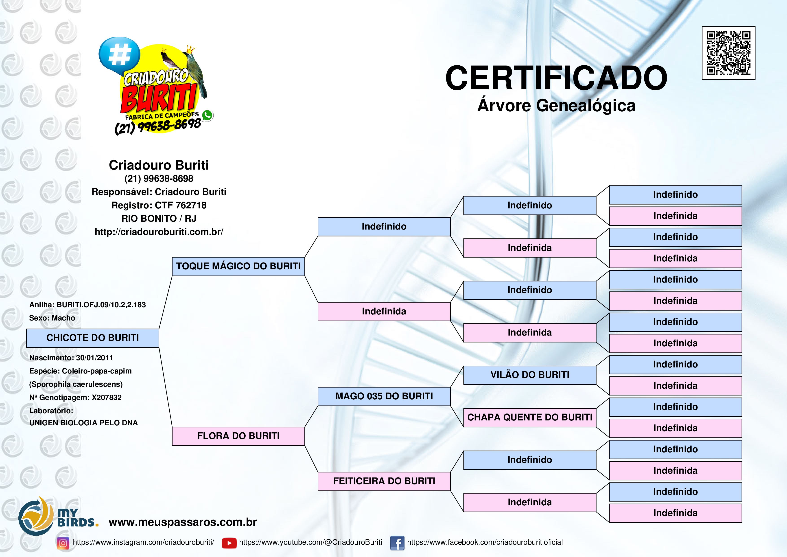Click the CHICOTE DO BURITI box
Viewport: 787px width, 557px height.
click(93, 338)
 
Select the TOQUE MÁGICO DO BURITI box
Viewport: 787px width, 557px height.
click(238, 266)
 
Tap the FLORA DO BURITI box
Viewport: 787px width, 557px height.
click(238, 436)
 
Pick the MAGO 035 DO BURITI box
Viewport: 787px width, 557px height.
click(384, 396)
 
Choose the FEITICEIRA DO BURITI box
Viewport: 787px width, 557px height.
click(384, 481)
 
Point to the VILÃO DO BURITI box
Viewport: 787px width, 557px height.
click(530, 375)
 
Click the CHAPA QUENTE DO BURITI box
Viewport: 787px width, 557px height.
click(530, 418)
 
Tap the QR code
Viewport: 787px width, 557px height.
click(728, 53)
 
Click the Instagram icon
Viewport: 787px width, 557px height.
click(63, 543)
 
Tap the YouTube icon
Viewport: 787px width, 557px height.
click(229, 543)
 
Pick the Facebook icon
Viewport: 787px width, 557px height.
click(397, 543)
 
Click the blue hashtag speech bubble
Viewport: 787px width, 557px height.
click(119, 55)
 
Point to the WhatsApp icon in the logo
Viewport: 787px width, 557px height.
click(207, 115)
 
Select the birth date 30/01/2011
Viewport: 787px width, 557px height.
click(95, 358)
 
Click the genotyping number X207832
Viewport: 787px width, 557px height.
click(107, 397)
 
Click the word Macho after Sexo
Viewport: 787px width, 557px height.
click(63, 318)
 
